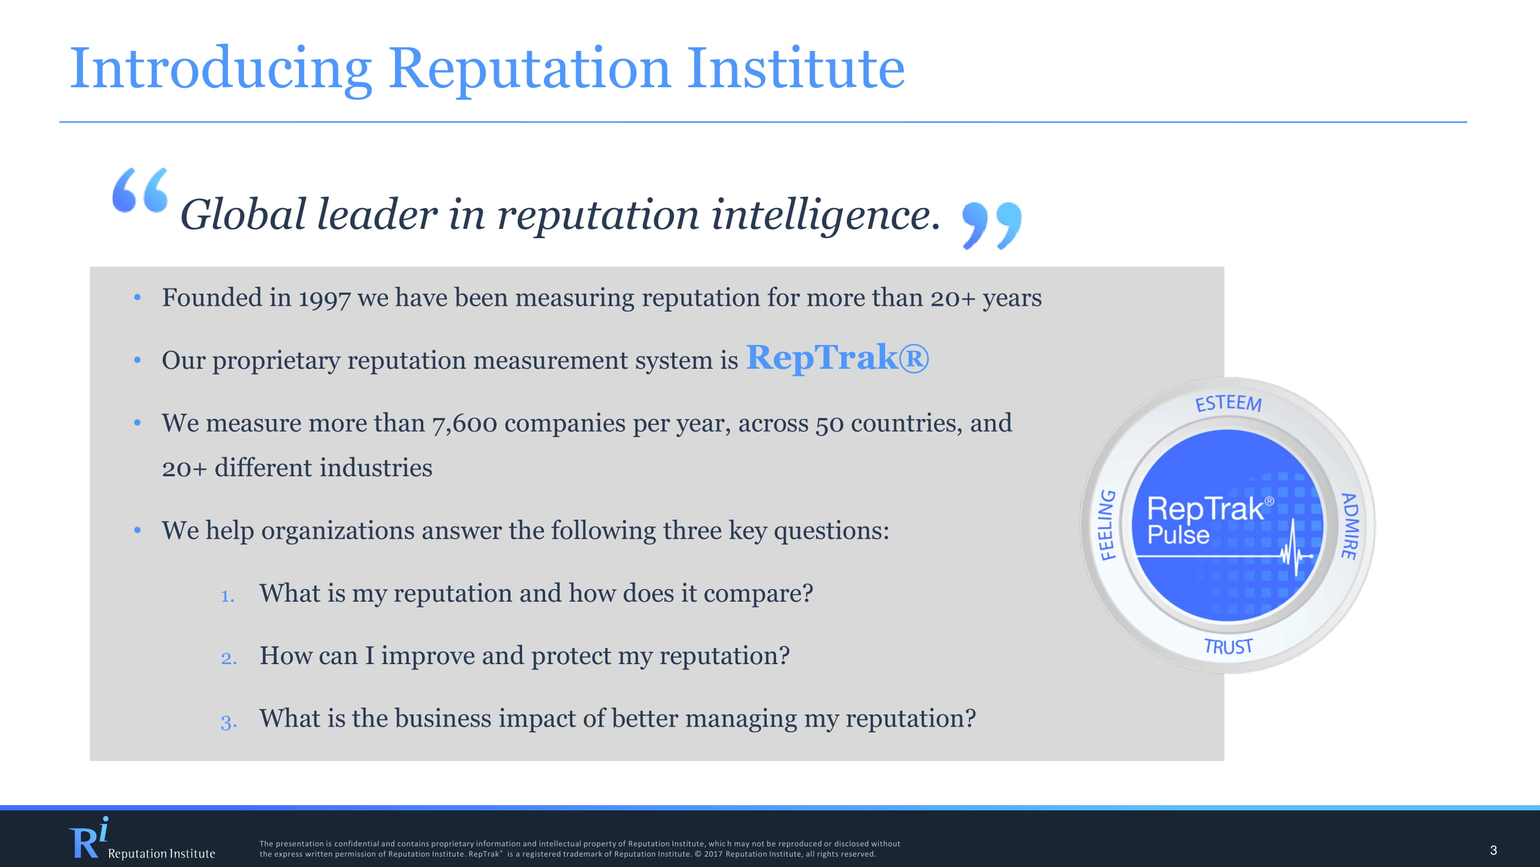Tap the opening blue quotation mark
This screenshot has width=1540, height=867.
coord(140,190)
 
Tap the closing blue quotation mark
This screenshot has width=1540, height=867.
coord(992,225)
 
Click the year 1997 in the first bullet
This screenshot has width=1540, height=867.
coord(324,299)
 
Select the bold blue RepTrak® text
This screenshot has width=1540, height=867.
coord(837,358)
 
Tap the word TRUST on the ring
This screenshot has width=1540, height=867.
coord(1228,646)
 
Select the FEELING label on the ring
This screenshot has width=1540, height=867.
coord(1108,525)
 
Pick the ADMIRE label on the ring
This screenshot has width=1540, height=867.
coord(1349,526)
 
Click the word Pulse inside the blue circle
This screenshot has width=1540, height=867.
coord(1179,534)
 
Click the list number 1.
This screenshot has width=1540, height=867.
coord(227,595)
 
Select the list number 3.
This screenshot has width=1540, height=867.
coord(228,721)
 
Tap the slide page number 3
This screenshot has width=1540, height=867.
coord(1493,850)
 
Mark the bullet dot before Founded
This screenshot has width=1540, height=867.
coord(137,297)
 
